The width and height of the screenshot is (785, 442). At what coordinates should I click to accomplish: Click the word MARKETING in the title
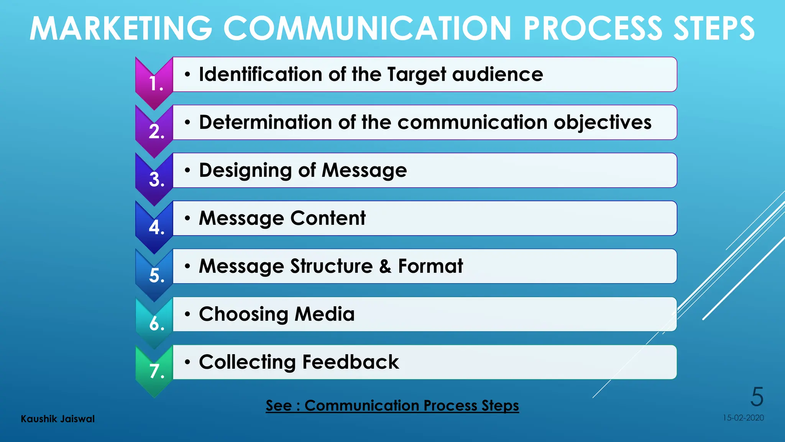pyautogui.click(x=121, y=28)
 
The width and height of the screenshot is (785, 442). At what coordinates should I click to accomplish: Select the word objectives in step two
pyautogui.click(x=603, y=123)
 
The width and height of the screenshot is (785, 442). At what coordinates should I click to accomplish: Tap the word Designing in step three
pyautogui.click(x=245, y=170)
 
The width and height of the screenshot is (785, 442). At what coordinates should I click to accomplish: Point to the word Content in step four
pyautogui.click(x=328, y=218)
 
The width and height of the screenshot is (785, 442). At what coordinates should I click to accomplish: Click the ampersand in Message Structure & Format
pyautogui.click(x=385, y=266)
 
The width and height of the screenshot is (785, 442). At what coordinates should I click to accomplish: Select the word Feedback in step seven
pyautogui.click(x=350, y=362)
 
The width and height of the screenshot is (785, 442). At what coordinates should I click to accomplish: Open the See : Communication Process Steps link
pyautogui.click(x=392, y=406)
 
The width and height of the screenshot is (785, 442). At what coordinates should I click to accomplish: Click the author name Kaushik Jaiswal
pyautogui.click(x=57, y=419)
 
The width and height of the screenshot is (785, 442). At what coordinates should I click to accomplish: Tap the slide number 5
pyautogui.click(x=757, y=397)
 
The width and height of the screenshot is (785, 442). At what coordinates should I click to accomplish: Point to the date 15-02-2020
pyautogui.click(x=743, y=418)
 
